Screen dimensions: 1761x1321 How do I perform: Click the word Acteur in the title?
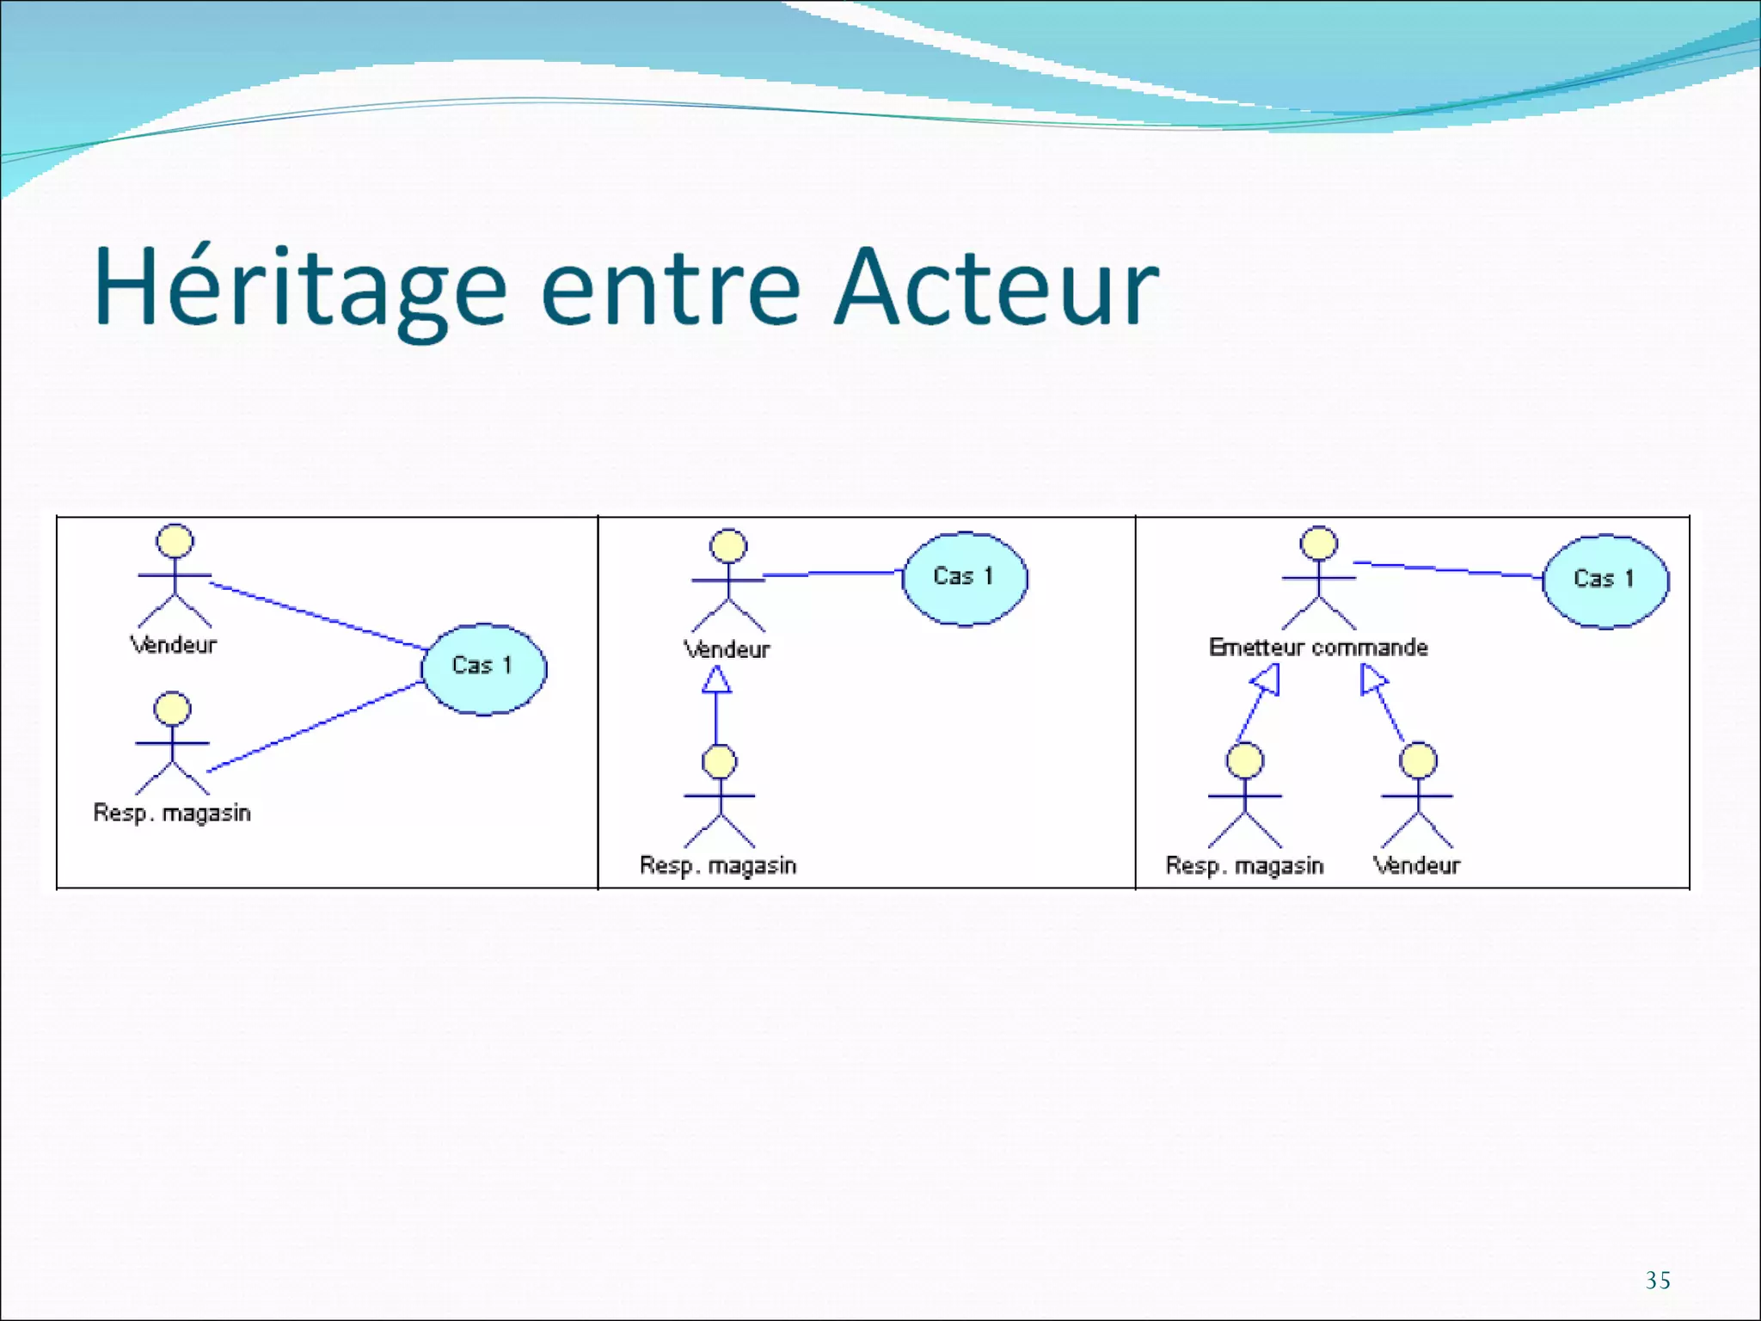997,288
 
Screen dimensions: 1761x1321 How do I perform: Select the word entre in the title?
671,288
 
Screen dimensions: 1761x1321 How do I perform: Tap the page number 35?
1658,1281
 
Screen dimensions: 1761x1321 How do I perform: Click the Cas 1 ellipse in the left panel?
483,669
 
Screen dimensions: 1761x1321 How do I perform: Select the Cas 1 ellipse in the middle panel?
964,578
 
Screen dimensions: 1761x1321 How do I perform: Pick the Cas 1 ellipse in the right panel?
1605,581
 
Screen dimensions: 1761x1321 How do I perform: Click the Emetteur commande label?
1318,648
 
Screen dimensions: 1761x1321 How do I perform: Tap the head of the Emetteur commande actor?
1318,544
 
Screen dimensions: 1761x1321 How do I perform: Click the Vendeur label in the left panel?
174,645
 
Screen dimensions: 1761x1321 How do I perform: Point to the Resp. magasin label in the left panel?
172,813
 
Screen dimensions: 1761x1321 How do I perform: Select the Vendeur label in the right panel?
1417,865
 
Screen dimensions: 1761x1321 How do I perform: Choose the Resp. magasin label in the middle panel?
718,865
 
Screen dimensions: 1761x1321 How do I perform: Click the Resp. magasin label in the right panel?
1244,865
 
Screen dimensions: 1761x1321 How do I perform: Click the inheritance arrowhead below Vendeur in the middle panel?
716,681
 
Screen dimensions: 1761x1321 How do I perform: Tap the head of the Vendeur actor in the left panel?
175,541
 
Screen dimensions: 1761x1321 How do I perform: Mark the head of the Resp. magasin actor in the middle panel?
719,762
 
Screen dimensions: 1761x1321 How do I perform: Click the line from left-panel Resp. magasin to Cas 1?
314,727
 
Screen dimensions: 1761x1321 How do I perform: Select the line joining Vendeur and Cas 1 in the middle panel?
832,573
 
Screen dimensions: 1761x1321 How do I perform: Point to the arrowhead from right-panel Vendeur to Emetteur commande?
1371,680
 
